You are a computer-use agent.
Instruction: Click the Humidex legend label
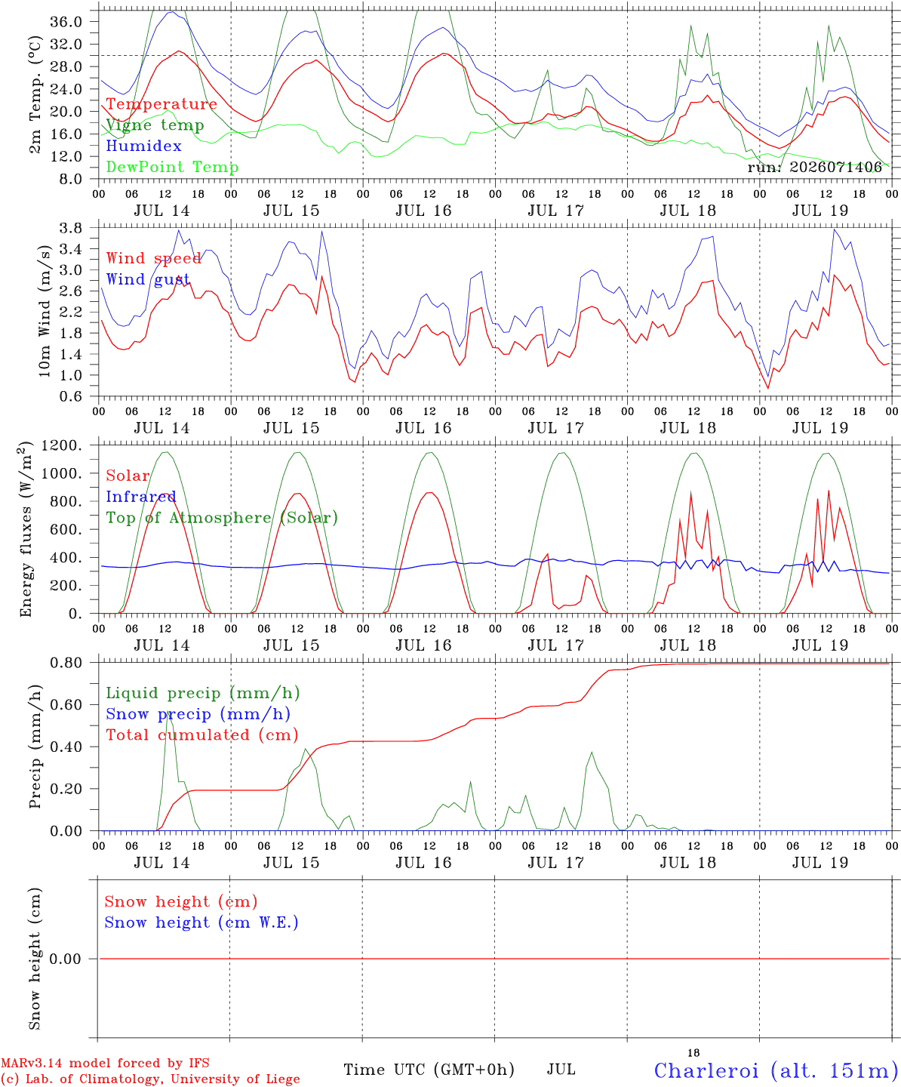click(x=143, y=146)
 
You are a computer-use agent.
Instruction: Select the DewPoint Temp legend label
click(x=172, y=167)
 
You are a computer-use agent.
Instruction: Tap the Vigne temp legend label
click(x=155, y=125)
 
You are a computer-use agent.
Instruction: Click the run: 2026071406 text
click(x=814, y=167)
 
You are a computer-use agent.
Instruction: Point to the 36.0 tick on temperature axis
click(x=66, y=22)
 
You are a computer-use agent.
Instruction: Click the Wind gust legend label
click(x=148, y=279)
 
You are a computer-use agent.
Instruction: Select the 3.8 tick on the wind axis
click(x=70, y=228)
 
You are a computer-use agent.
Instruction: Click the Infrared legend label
click(x=141, y=497)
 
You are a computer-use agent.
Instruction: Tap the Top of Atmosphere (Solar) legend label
click(x=223, y=518)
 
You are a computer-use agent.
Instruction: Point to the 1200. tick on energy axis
click(x=62, y=445)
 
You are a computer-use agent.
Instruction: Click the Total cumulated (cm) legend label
click(x=202, y=735)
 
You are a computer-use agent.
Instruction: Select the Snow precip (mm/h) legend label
click(x=198, y=714)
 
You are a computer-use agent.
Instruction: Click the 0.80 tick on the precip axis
click(x=66, y=663)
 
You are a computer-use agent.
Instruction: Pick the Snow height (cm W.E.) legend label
click(x=201, y=922)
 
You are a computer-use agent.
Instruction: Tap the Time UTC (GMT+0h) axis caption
click(x=429, y=1070)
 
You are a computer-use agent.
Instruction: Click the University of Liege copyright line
click(x=150, y=1079)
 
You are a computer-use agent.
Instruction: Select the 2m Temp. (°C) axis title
click(x=35, y=95)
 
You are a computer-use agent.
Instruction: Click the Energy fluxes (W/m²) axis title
click(x=26, y=529)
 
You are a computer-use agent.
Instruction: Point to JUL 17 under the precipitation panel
click(x=556, y=863)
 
